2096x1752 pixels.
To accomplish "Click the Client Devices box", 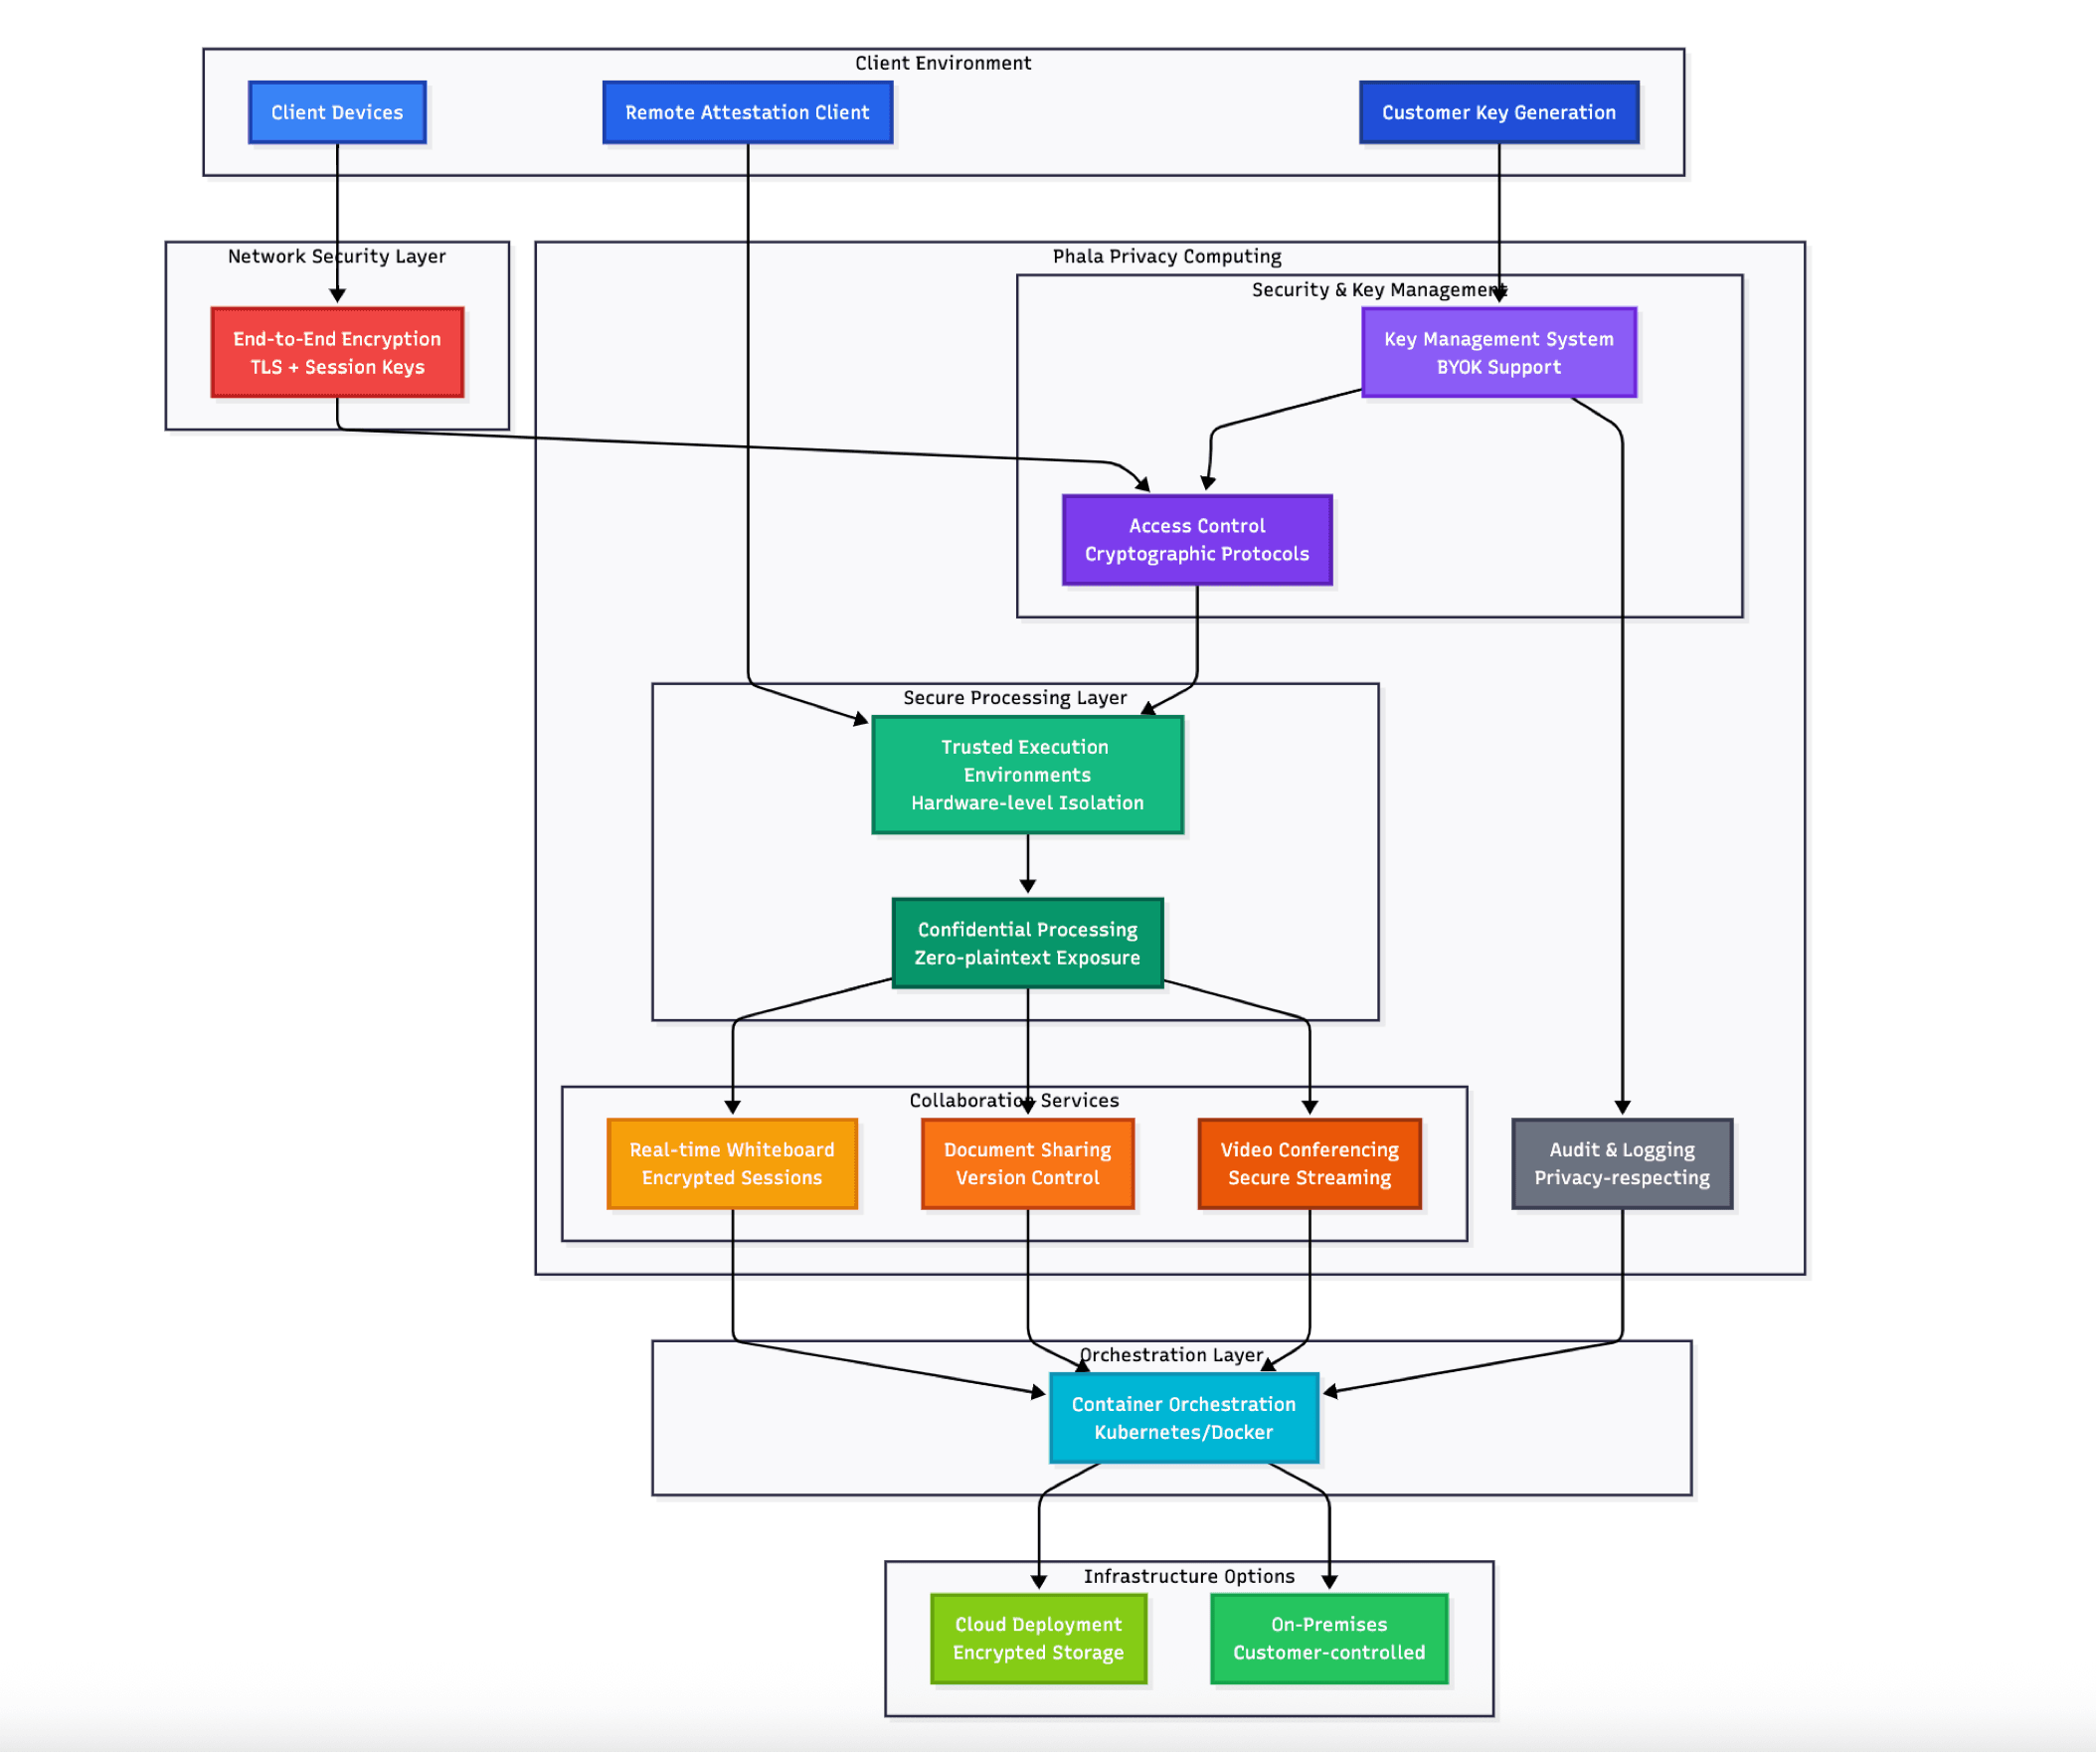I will (336, 112).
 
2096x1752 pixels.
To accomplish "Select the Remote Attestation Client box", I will (747, 112).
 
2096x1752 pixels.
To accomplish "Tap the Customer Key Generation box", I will (1498, 112).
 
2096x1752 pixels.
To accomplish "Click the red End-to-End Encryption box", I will (336, 352).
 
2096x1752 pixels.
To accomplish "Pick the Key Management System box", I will (1498, 352).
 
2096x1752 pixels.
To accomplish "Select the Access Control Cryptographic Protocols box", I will (1197, 540).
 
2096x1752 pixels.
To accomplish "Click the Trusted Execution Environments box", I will (1027, 775).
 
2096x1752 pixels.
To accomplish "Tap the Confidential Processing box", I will (1027, 944).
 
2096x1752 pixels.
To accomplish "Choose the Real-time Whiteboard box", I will (732, 1164).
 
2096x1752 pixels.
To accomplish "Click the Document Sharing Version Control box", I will (1027, 1164).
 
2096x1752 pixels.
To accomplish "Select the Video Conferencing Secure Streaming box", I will (1310, 1164).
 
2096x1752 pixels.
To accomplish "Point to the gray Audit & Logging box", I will (1622, 1164).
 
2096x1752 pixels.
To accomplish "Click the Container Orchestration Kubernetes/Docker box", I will (1184, 1418).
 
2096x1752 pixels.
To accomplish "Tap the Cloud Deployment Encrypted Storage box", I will (1038, 1639).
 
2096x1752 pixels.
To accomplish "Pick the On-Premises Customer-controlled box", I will (1328, 1639).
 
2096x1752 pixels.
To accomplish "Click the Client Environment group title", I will (943, 63).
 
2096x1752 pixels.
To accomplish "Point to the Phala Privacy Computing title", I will (1166, 257).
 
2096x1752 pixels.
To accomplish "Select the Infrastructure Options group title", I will (1189, 1576).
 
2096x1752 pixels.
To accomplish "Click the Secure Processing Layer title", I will (1015, 698).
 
